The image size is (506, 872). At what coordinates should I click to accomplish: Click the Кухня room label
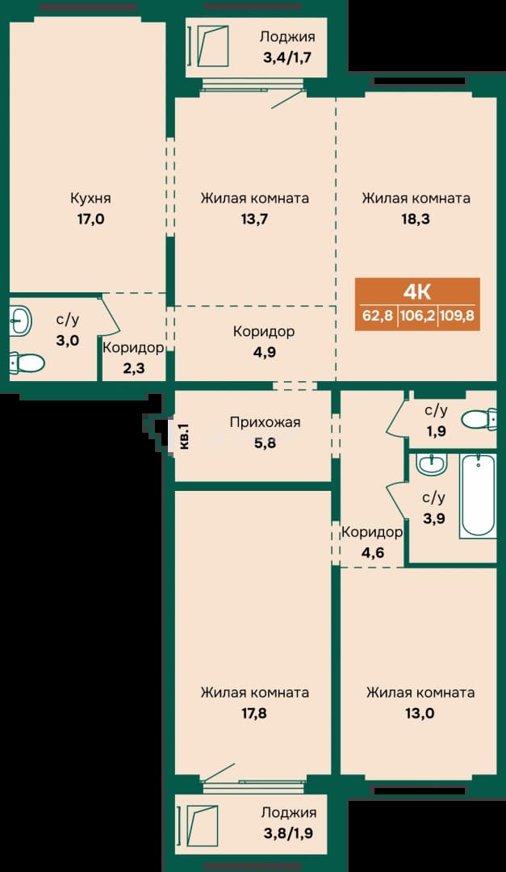[90, 198]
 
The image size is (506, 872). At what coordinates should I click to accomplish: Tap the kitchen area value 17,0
[90, 219]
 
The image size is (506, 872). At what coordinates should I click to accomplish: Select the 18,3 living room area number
[416, 219]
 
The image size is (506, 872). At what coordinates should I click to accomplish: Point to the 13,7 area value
[255, 219]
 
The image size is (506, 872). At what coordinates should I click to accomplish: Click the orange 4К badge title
[417, 291]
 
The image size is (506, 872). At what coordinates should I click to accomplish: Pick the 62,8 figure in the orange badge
[378, 317]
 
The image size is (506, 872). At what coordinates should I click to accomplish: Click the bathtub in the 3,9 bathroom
[478, 496]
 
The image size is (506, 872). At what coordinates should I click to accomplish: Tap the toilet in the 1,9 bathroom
[480, 419]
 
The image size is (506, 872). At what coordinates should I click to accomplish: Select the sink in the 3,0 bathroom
[21, 320]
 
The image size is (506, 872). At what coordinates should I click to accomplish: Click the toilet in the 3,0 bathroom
[27, 363]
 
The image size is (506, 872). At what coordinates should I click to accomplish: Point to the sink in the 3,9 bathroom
[432, 463]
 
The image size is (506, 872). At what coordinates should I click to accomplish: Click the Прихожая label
[266, 422]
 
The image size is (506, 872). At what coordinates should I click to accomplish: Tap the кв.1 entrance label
[185, 437]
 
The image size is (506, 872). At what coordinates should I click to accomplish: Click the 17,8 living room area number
[255, 714]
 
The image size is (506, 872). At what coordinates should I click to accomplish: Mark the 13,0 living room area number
[420, 714]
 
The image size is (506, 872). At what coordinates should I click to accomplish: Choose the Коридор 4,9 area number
[264, 353]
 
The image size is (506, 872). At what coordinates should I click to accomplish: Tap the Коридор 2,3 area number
[133, 368]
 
